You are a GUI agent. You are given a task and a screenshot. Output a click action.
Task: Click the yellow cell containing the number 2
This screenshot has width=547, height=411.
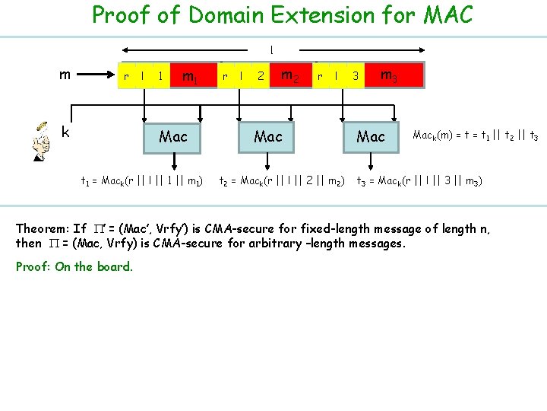pyautogui.click(x=260, y=76)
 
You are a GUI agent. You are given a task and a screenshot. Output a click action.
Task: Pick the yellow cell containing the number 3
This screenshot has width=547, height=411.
pyautogui.click(x=355, y=76)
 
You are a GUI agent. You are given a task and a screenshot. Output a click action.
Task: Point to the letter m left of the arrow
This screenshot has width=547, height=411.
pyautogui.click(x=66, y=74)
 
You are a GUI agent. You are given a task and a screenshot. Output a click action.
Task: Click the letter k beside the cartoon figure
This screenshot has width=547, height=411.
pyautogui.click(x=66, y=132)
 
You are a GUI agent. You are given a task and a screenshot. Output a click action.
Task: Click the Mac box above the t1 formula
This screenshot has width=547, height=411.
pyautogui.click(x=173, y=136)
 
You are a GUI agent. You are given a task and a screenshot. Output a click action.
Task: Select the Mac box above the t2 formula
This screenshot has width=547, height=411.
pyautogui.click(x=268, y=136)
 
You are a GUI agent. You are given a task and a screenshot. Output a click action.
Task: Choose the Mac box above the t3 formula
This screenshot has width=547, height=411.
pyautogui.click(x=371, y=136)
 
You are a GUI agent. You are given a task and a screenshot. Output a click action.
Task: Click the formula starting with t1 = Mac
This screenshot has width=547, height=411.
pyautogui.click(x=141, y=181)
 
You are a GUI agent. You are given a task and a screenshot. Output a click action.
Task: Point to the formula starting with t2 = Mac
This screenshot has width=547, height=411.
pyautogui.click(x=282, y=181)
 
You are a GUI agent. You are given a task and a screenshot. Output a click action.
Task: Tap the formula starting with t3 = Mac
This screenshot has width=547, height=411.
pyautogui.click(x=419, y=181)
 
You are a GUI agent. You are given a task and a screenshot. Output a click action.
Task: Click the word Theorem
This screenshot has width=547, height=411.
pyautogui.click(x=43, y=228)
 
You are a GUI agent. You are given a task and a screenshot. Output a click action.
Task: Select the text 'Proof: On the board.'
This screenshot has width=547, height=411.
pyautogui.click(x=74, y=266)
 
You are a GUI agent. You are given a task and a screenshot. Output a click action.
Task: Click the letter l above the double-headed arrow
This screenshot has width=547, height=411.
pyautogui.click(x=271, y=50)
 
